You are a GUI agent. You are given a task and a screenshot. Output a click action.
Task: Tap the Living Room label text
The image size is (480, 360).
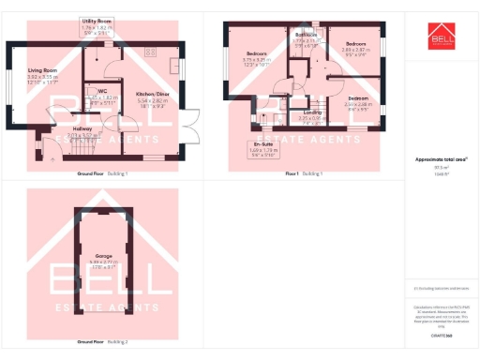coord(42,70)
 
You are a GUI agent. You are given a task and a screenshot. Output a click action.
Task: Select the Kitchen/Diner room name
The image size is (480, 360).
coord(151,94)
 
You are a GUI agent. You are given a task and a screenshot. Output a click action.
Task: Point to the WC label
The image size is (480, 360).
coord(103,91)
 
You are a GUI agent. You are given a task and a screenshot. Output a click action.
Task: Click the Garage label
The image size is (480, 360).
coord(102,255)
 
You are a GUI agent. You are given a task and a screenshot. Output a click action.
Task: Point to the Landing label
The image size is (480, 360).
coord(311,112)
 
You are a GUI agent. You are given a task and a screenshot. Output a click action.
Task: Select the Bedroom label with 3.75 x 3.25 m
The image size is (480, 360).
coord(257,53)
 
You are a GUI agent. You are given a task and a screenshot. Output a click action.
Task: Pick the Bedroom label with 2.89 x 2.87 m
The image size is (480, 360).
coord(354,44)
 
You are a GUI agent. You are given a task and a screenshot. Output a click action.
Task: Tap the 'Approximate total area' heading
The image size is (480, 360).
coord(442,160)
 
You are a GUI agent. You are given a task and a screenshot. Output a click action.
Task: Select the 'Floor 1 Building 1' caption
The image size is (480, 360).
coord(303,174)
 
